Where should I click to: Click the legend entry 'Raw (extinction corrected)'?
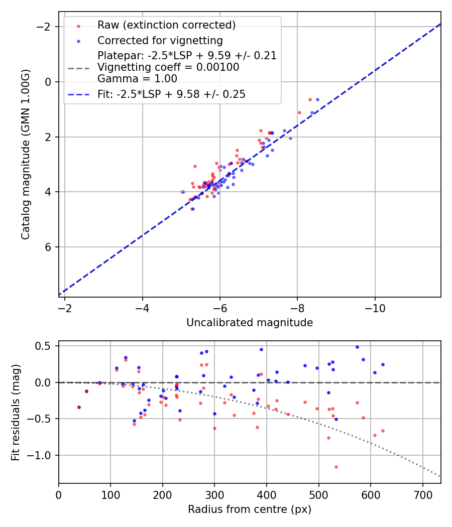coord(166,25)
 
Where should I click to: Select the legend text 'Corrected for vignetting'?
coord(160,40)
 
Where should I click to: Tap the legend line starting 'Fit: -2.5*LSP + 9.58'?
coord(171,94)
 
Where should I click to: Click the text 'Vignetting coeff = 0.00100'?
coord(168,67)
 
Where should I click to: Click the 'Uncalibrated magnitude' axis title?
coord(250,323)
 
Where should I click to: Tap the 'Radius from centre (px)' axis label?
coord(250,509)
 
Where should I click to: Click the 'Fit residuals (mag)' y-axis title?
coord(16,412)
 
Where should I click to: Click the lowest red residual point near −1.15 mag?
coord(336,467)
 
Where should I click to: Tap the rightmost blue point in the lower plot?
coord(383,364)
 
